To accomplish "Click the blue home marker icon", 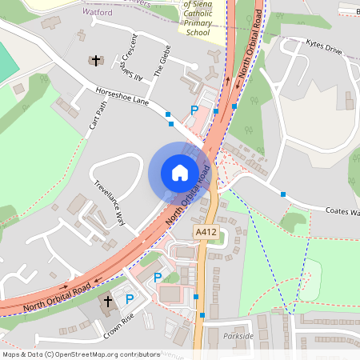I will tap(180, 172).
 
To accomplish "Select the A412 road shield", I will tap(206, 232).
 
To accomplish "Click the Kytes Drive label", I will tap(323, 50).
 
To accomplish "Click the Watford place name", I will tap(98, 13).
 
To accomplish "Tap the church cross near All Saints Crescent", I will tap(97, 61).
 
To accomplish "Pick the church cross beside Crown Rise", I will tap(108, 302).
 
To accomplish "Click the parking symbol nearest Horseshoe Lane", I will tap(193, 110).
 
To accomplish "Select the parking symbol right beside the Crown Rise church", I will tap(130, 299).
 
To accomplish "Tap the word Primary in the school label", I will tap(198, 24).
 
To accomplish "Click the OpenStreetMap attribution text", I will tap(81, 354).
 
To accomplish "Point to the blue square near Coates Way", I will tap(283, 194).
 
